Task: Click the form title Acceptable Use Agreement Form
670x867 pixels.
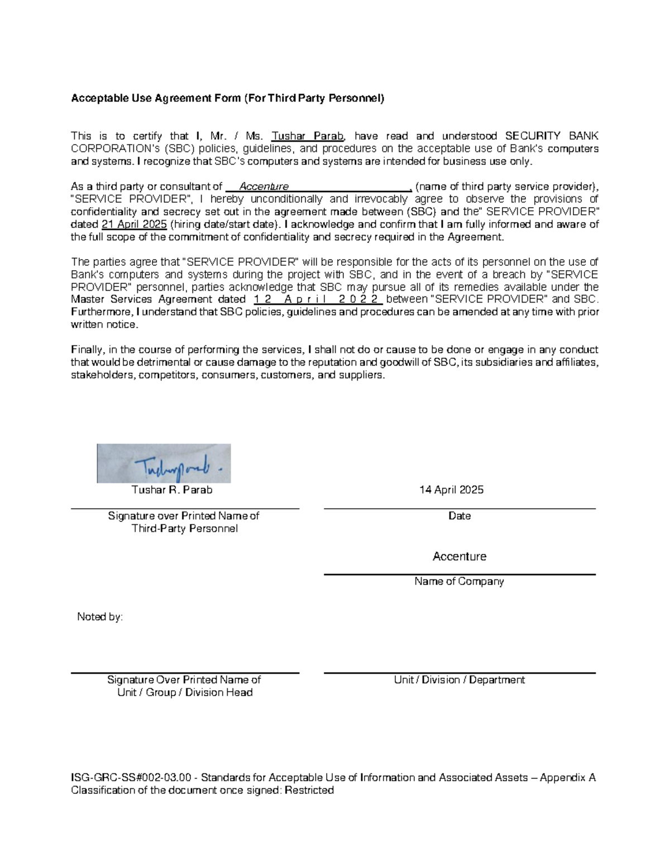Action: [x=227, y=99]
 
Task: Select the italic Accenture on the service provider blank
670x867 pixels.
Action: [x=264, y=186]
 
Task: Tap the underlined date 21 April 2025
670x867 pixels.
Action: [x=134, y=224]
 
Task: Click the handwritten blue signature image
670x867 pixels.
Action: [x=164, y=463]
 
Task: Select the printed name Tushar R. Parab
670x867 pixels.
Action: [x=172, y=490]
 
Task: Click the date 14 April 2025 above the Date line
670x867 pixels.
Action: [x=451, y=490]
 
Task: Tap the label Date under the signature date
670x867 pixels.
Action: [x=459, y=516]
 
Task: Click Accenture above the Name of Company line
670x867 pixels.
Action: [x=459, y=557]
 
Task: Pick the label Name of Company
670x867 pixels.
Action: [x=459, y=582]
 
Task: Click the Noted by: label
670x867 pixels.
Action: [x=100, y=617]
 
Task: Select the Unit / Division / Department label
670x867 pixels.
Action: [x=459, y=680]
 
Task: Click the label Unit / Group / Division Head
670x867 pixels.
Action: [x=185, y=693]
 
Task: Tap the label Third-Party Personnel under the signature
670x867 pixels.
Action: [x=184, y=529]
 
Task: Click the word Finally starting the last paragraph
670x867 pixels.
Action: [x=87, y=350]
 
